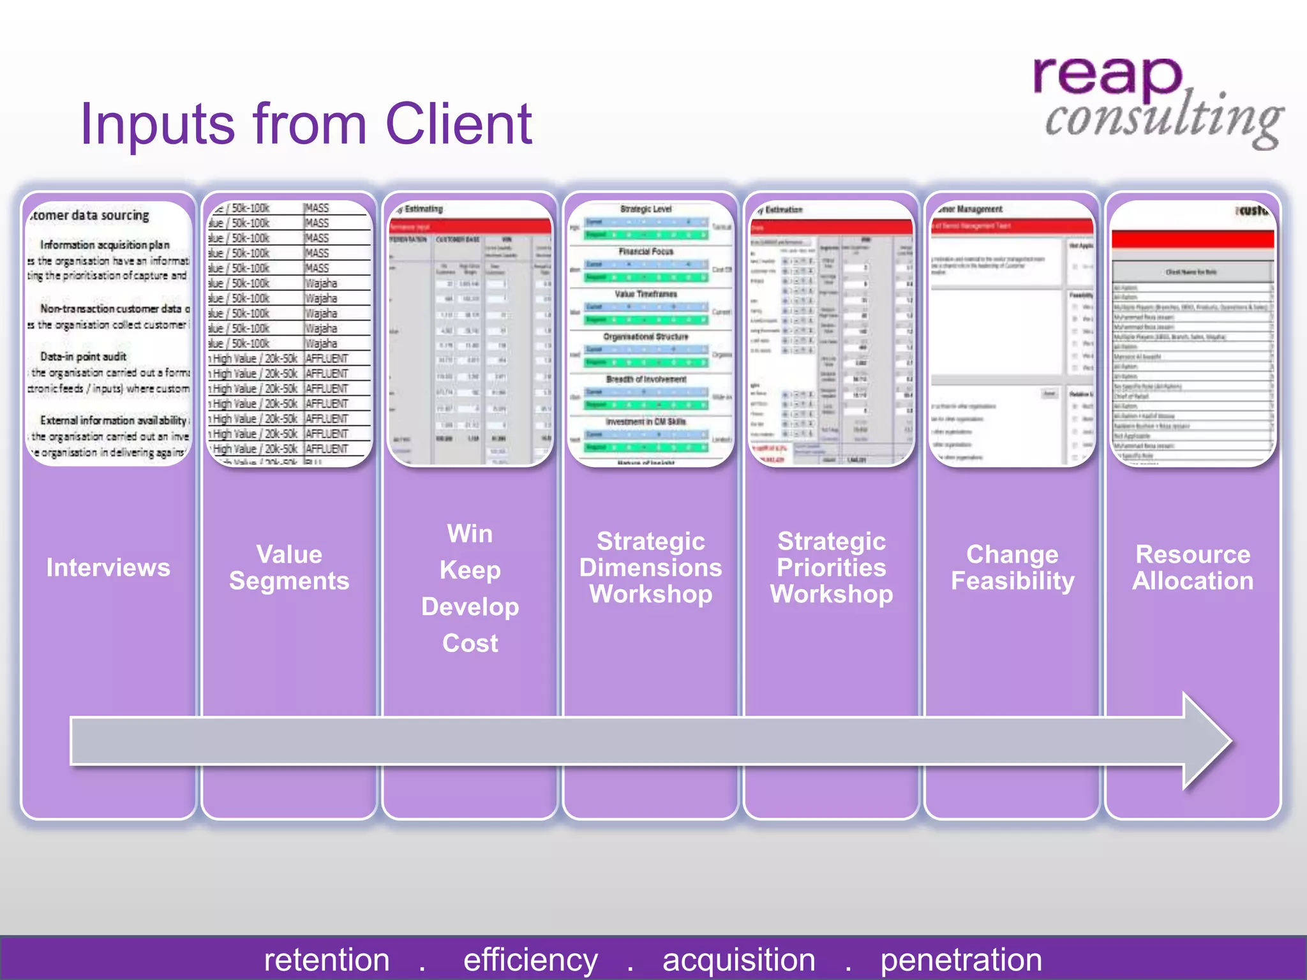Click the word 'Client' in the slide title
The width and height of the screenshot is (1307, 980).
coord(458,124)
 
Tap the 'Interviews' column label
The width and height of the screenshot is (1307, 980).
coord(108,567)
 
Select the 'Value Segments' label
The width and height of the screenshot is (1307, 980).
coord(289,567)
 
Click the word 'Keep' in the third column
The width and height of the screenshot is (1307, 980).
coord(470,570)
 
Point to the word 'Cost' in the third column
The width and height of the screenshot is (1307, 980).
coord(470,643)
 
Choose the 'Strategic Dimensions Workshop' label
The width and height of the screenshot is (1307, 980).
coord(650,567)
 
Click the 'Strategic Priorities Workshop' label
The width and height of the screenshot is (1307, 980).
coord(831,567)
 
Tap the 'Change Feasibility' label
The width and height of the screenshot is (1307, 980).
coord(1012,567)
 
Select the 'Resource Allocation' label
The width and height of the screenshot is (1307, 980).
coord(1193,567)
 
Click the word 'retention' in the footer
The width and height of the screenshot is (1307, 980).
coord(327,960)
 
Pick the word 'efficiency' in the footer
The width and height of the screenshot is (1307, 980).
coord(530,960)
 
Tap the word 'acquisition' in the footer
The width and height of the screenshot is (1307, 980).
coord(738,960)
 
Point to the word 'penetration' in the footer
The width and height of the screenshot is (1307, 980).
coord(961,960)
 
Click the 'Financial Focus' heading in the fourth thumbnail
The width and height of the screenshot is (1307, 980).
coord(646,251)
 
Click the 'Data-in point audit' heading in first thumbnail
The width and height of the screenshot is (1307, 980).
coord(83,357)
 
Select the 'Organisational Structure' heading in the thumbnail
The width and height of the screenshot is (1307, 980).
coord(646,336)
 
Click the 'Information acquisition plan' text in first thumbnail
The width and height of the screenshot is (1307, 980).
coord(105,245)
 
